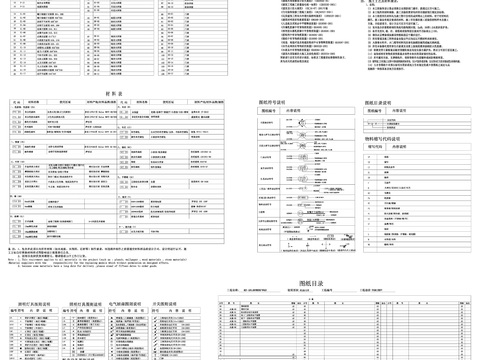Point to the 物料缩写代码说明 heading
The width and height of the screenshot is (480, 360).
tap(380, 138)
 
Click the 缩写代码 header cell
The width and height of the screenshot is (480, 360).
tap(361, 146)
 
